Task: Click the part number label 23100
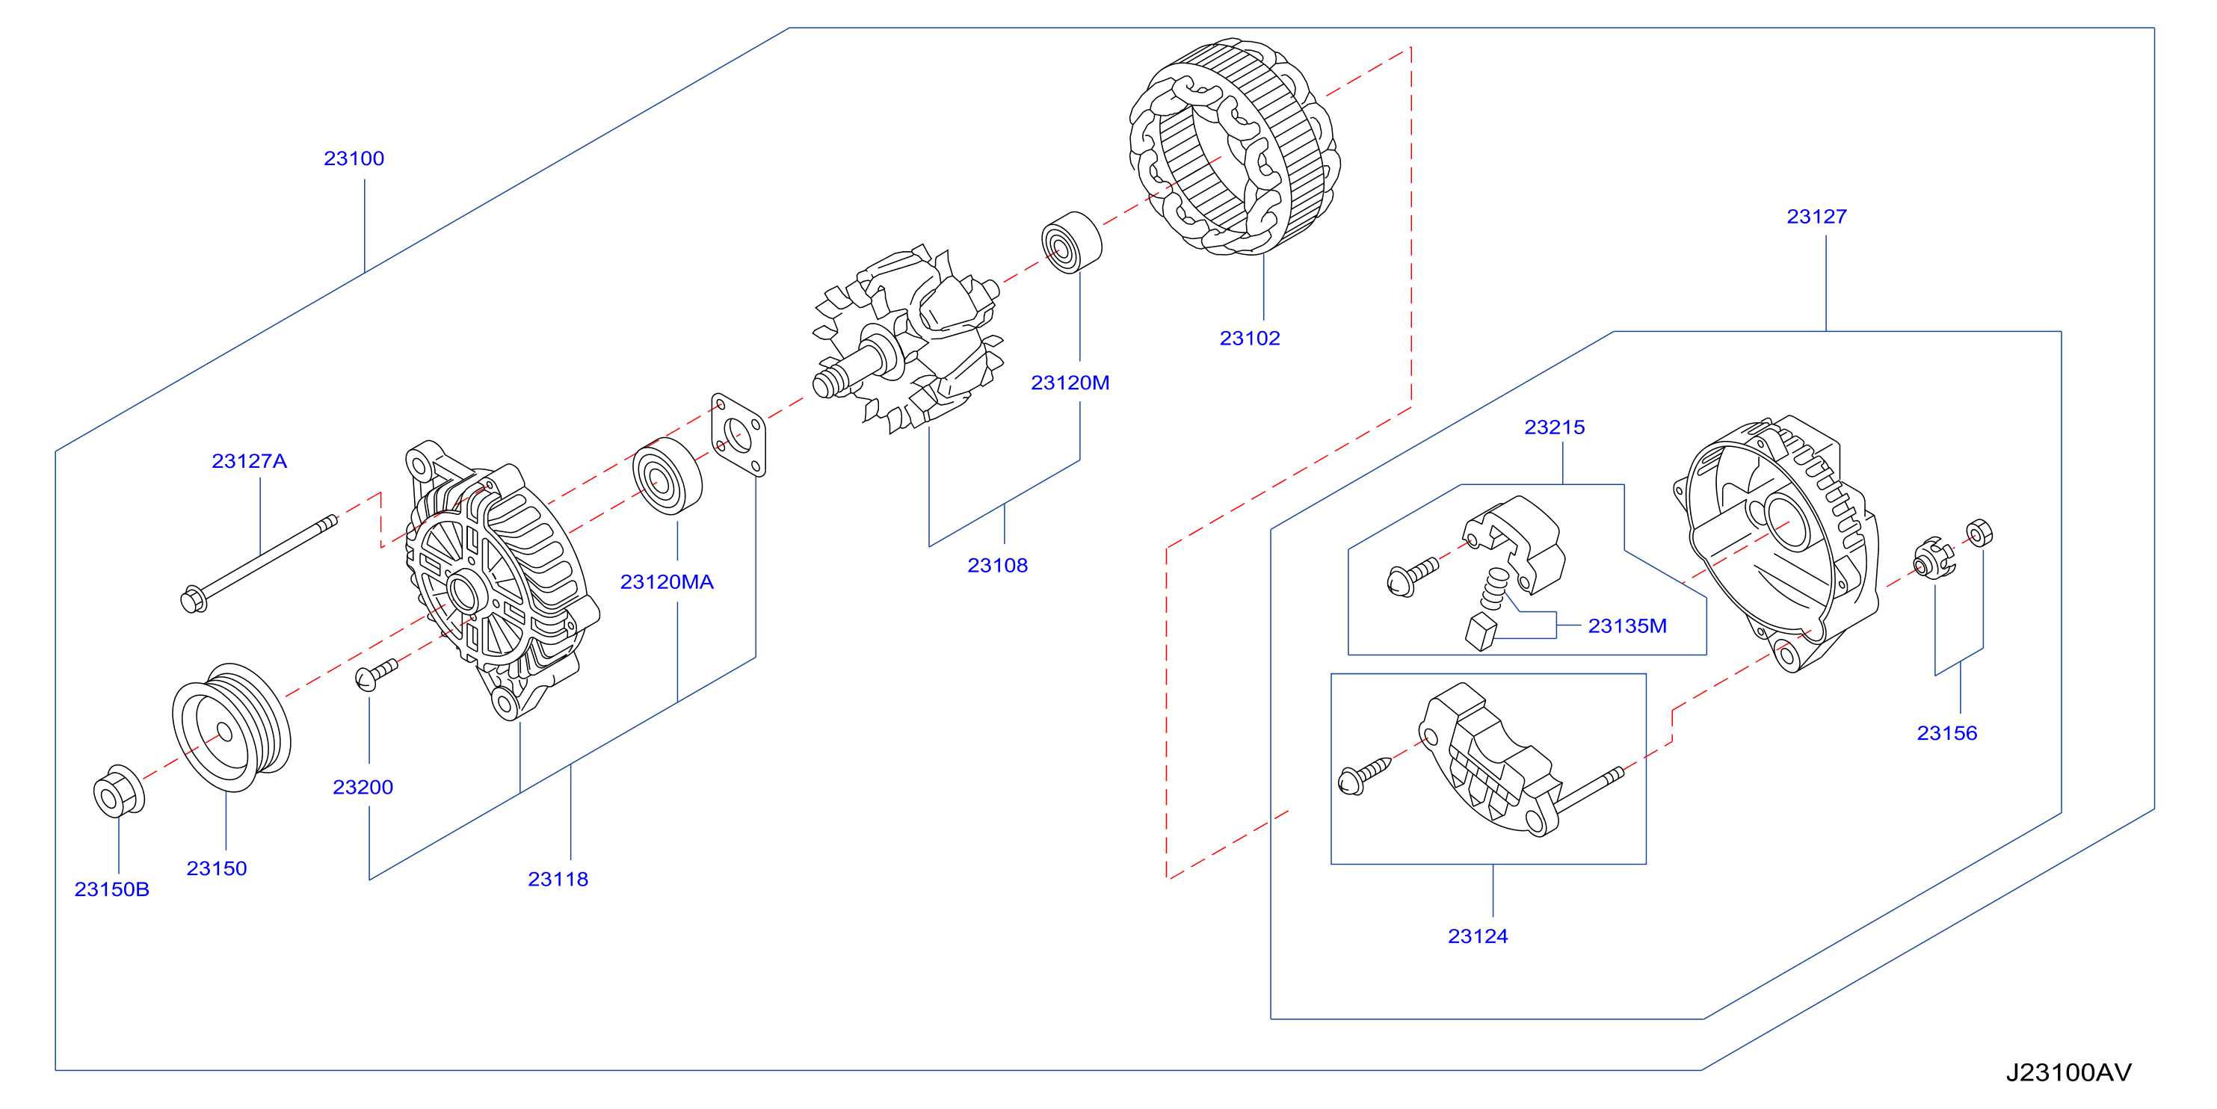click(354, 158)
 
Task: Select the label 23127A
click(250, 461)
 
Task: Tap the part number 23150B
click(112, 889)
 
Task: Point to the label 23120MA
click(667, 582)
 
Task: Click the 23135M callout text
click(1627, 626)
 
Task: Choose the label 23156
click(1946, 733)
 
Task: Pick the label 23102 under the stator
click(1250, 338)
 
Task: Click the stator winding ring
click(1235, 146)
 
